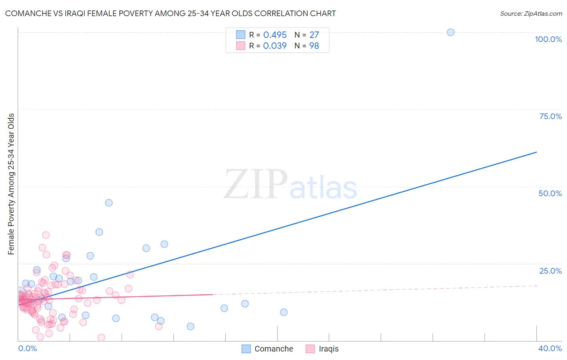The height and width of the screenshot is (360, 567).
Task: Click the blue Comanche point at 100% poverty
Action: pyautogui.click(x=450, y=32)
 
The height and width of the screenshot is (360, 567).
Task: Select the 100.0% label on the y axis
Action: pyautogui.click(x=548, y=39)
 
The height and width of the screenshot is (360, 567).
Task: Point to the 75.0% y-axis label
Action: pyautogui.click(x=550, y=116)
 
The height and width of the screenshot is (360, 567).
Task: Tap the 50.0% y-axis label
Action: pyautogui.click(x=550, y=193)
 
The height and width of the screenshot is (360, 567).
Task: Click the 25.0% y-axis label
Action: pyautogui.click(x=550, y=271)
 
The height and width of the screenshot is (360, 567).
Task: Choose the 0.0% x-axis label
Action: pyautogui.click(x=27, y=348)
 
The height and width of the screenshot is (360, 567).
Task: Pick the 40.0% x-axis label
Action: pyautogui.click(x=550, y=348)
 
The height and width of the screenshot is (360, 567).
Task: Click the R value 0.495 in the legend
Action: pyautogui.click(x=275, y=35)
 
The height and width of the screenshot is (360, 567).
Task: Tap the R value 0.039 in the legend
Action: pyautogui.click(x=275, y=46)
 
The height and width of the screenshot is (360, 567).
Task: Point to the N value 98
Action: pyautogui.click(x=314, y=46)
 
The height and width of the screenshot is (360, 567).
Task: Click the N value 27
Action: pyautogui.click(x=314, y=35)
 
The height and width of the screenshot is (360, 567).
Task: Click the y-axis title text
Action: pyautogui.click(x=11, y=184)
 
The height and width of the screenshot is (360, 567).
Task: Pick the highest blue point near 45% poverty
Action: pyautogui.click(x=109, y=203)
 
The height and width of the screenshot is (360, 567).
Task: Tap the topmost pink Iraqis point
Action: pyautogui.click(x=46, y=235)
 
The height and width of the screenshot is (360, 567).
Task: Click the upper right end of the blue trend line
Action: pyautogui.click(x=536, y=152)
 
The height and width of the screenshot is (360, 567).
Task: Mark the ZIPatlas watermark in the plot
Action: pyautogui.click(x=290, y=185)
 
